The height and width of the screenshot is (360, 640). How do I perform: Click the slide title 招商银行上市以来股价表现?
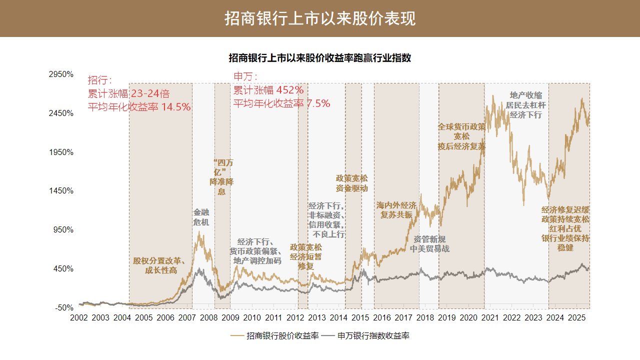320,18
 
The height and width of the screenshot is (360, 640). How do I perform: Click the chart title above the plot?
320,58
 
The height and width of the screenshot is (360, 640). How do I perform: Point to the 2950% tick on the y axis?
60,74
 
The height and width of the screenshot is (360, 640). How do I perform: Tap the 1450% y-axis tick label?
60,191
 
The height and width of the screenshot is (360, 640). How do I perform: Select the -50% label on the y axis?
63,307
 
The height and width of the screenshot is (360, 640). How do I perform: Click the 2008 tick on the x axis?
208,318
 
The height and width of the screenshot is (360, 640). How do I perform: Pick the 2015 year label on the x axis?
360,318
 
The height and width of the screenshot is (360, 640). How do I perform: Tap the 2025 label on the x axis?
577,318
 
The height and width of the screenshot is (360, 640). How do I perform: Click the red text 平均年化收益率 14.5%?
139,107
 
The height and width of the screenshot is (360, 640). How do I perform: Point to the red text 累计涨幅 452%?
268,90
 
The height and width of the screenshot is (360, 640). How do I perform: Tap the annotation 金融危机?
201,217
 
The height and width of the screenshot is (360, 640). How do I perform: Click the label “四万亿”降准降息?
221,177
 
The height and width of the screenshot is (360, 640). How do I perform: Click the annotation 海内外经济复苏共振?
396,209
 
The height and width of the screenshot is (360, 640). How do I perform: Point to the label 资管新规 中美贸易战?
429,243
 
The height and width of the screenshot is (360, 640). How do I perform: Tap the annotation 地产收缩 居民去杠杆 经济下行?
525,105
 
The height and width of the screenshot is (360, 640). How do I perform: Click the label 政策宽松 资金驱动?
351,183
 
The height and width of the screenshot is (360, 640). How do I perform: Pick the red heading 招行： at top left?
100,80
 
